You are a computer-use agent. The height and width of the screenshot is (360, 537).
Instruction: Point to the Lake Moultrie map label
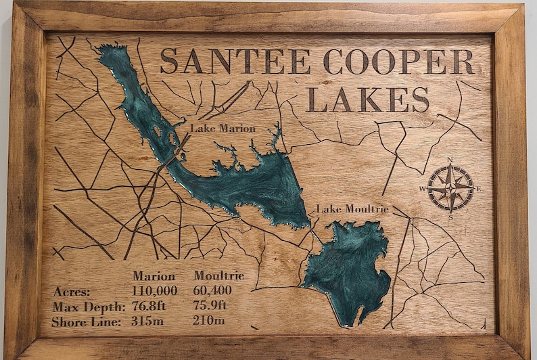(352, 209)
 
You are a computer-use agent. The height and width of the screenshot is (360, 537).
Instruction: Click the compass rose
(451, 187)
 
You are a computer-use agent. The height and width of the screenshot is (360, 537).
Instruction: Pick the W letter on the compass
(423, 189)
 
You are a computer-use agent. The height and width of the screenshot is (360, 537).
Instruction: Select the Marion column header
(154, 276)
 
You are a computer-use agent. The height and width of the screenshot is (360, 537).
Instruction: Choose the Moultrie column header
(218, 276)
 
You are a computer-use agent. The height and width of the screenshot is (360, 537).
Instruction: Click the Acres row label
(71, 292)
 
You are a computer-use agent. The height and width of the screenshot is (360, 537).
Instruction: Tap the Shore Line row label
(86, 321)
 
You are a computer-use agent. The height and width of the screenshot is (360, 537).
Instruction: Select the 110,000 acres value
(155, 291)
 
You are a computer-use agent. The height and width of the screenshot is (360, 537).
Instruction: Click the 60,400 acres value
(212, 291)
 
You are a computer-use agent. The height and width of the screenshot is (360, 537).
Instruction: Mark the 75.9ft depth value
(210, 306)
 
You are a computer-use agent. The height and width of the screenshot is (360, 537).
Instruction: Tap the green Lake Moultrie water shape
(348, 271)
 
